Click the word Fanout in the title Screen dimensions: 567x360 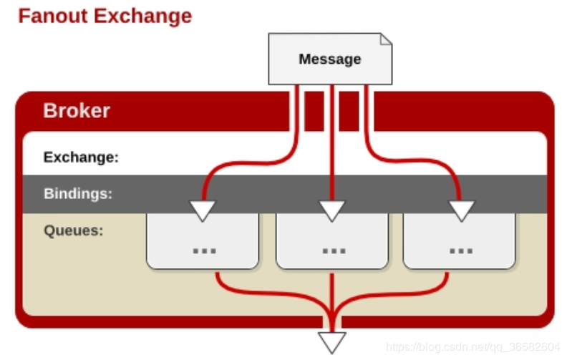[x=53, y=16]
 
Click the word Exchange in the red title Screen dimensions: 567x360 [x=143, y=16]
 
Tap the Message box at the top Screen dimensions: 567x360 [x=330, y=59]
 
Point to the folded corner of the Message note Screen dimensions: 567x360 [x=386, y=39]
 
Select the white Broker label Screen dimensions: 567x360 [x=77, y=111]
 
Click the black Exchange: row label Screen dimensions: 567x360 [x=81, y=157]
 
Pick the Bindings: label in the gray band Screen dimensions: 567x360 [x=78, y=194]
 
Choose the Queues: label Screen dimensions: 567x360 [x=74, y=230]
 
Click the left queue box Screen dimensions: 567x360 [x=203, y=241]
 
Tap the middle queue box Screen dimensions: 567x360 [x=332, y=241]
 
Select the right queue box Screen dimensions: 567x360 [x=459, y=241]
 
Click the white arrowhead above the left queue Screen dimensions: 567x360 [x=203, y=210]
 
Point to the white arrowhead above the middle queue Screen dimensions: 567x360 [x=332, y=210]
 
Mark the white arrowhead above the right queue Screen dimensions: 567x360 [x=462, y=210]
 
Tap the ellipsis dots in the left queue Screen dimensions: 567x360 [x=205, y=250]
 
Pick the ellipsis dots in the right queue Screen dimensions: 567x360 [x=461, y=250]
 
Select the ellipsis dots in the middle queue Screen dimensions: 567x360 [x=334, y=250]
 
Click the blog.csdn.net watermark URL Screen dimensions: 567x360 [x=473, y=347]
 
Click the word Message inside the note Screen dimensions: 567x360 [x=330, y=59]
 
